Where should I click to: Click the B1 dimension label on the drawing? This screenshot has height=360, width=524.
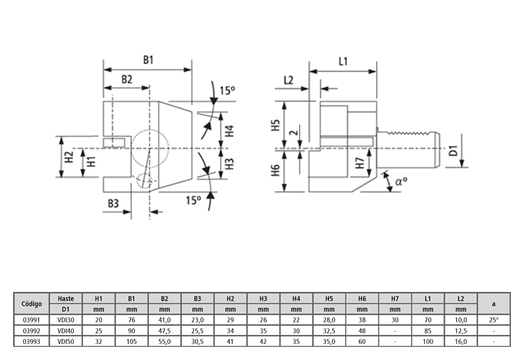[x=148, y=60]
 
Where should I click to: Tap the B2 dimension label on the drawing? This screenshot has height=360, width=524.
[x=127, y=79]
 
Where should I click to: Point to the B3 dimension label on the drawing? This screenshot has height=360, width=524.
[x=114, y=204]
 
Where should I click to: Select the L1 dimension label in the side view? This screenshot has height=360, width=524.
[x=343, y=61]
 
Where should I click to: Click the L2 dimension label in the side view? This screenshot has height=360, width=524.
[x=288, y=79]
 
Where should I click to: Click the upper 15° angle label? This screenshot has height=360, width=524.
[x=227, y=91]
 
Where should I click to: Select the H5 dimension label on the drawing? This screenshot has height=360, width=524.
[x=275, y=125]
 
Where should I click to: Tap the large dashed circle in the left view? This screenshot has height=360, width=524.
[x=150, y=147]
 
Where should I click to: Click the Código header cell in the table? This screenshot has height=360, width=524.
[x=31, y=303]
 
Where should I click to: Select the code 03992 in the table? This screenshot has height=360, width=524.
[x=31, y=330]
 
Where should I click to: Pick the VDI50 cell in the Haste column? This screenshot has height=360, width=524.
[x=66, y=341]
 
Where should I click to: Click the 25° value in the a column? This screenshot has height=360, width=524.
[x=494, y=319]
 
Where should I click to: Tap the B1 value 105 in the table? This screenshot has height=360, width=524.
[x=132, y=341]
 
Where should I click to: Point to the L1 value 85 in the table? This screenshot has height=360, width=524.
[x=428, y=330]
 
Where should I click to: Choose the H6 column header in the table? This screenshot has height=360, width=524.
[x=362, y=298]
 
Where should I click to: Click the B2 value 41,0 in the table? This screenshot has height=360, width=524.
[x=165, y=319]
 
